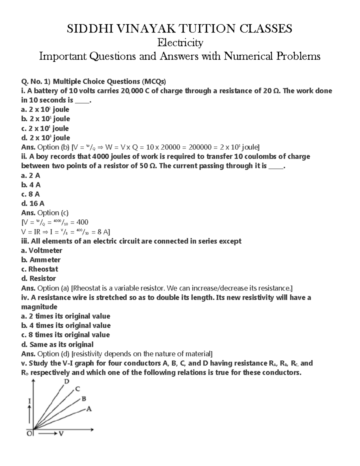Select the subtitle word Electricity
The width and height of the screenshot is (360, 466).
pos(180,43)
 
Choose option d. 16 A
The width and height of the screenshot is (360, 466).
pos(33,203)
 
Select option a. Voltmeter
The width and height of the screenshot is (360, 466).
pos(42,250)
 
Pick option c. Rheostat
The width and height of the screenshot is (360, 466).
pos(40,269)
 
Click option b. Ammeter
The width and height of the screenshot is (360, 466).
pos(41,260)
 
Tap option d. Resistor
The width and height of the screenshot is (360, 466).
pos(38,278)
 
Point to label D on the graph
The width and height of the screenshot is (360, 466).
pos(67,381)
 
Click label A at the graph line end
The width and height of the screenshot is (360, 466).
pos(88,409)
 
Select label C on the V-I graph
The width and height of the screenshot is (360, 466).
pos(77,389)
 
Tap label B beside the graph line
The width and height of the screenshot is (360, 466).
pos(84,399)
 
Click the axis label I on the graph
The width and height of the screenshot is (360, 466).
pos(29,401)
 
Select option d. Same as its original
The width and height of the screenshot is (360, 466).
pos(57,344)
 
